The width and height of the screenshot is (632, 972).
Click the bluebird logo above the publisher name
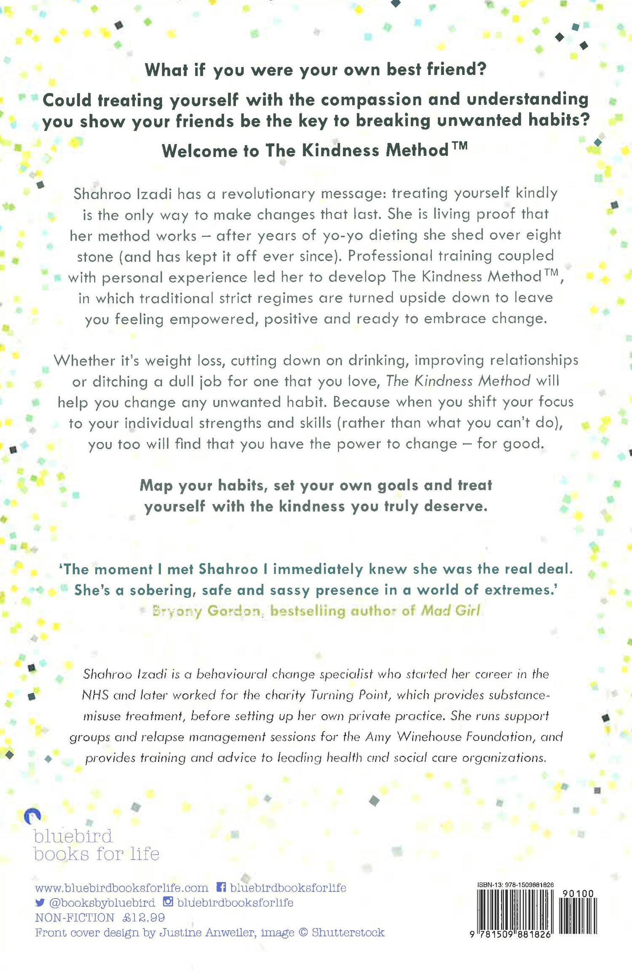tap(32, 816)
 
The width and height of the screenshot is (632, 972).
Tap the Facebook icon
tap(221, 887)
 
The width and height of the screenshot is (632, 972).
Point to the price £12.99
tap(144, 917)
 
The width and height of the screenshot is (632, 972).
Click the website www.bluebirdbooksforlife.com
tap(121, 888)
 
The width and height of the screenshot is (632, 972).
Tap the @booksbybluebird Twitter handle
tap(102, 902)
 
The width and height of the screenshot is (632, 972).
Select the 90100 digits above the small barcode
tap(578, 893)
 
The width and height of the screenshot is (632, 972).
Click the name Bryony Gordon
tap(206, 611)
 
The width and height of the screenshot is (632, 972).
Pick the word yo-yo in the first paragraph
tap(343, 235)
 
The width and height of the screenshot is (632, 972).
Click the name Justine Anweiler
tap(206, 932)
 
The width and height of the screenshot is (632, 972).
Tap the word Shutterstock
tap(348, 932)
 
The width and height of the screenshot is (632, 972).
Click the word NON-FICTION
tap(75, 917)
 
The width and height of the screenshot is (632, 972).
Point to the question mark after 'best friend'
tap(482, 69)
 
